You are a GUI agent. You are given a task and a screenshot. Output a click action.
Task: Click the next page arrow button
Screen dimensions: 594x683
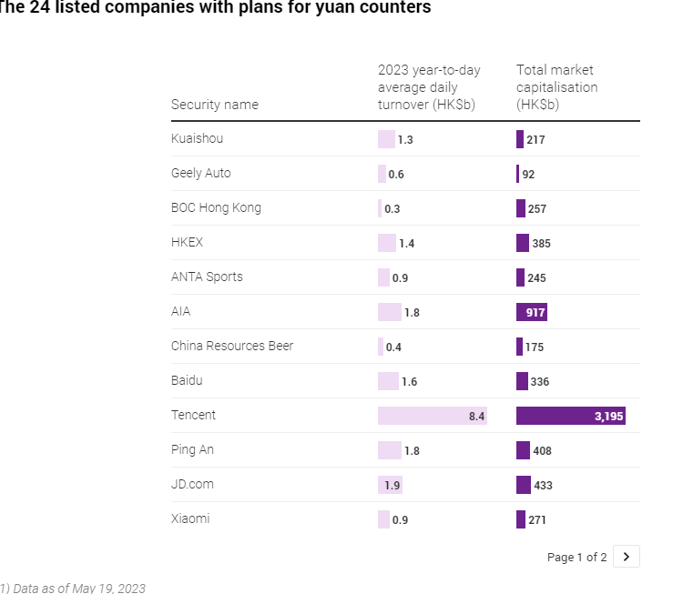626,557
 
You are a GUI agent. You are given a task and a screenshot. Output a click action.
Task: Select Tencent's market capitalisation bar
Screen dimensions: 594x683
570,416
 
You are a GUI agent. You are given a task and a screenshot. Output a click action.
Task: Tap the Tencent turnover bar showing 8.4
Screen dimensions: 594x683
432,416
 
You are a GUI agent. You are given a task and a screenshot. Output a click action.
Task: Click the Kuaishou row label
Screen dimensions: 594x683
197,138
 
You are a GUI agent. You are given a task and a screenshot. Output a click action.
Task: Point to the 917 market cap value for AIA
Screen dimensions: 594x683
535,312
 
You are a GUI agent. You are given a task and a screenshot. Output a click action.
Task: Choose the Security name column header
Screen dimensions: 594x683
214,105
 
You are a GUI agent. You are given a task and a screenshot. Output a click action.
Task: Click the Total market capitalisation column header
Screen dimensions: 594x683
556,87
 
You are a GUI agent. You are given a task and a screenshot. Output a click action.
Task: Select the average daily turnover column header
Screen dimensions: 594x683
428,87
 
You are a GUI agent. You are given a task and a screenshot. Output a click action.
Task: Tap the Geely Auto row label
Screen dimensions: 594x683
200,173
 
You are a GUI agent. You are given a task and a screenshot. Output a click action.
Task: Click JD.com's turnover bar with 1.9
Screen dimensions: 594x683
390,485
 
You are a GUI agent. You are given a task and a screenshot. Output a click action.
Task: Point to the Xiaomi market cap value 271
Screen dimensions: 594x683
537,520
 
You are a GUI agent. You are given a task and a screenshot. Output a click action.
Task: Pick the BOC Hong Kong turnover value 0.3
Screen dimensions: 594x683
392,208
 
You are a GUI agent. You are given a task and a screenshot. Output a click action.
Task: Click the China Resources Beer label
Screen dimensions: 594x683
232,346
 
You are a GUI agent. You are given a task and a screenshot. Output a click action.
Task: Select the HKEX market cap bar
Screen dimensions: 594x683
522,243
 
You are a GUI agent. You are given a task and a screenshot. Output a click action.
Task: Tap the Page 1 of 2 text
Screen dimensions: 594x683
576,557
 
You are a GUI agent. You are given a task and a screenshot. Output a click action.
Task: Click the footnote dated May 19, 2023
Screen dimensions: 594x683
73,588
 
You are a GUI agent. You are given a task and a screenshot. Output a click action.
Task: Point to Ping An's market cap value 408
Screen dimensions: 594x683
542,450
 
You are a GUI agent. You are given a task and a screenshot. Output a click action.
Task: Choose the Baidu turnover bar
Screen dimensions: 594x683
388,381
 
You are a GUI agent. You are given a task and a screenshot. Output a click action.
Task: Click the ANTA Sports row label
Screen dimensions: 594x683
207,277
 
